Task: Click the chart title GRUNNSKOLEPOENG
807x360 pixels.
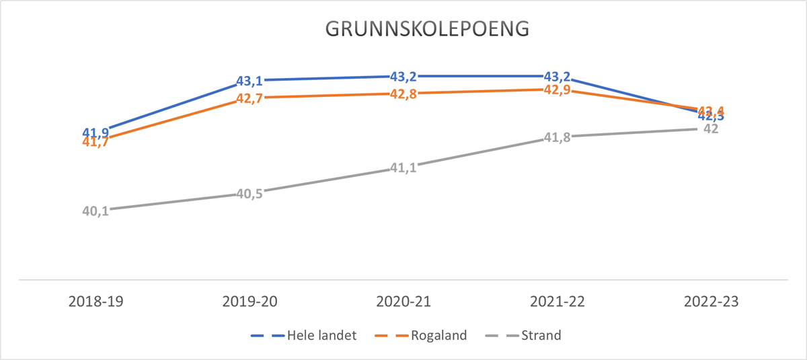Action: pos(427,30)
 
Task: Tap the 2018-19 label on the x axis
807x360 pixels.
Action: pos(95,302)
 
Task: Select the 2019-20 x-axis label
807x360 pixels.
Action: pos(249,302)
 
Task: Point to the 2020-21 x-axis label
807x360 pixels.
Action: pos(403,302)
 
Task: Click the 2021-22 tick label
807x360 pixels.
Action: pos(557,302)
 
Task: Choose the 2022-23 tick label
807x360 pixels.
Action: pos(711,302)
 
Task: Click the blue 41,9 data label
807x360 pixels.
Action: pos(95,132)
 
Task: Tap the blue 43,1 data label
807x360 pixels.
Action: pos(249,81)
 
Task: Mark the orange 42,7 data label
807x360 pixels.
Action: pos(249,100)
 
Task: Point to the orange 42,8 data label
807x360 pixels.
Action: pos(403,94)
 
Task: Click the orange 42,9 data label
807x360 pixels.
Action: pos(557,89)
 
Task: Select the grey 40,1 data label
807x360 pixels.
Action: pos(95,211)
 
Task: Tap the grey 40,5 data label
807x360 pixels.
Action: pos(249,194)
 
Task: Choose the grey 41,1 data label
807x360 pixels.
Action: pos(403,168)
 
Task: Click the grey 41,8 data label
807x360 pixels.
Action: pos(557,138)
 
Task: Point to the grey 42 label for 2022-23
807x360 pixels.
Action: pos(711,129)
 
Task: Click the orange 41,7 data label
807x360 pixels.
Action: pos(95,142)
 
